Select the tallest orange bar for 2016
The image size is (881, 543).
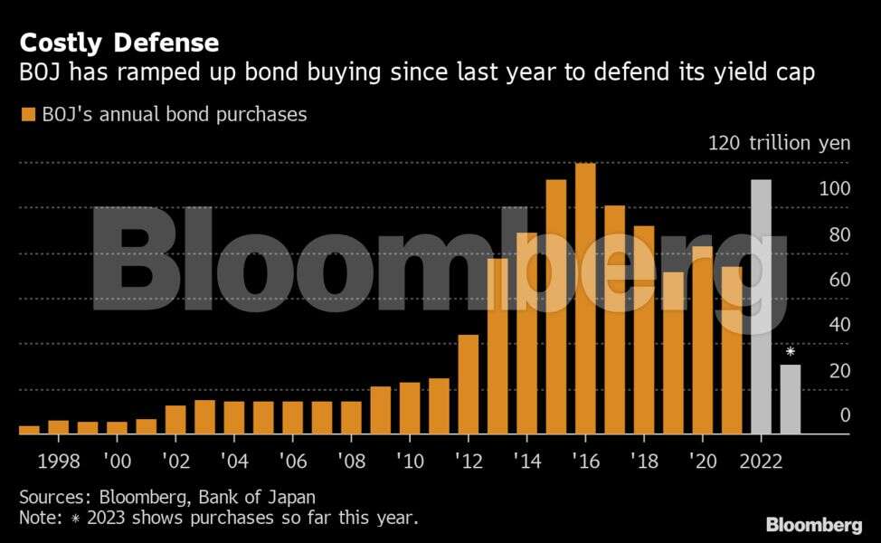click(585, 299)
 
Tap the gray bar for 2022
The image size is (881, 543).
click(761, 307)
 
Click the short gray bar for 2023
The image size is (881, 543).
click(791, 399)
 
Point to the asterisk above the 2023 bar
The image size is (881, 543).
click(791, 352)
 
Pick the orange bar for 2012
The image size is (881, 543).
click(469, 385)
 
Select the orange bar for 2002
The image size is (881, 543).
click(175, 420)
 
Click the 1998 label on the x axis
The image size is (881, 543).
click(59, 461)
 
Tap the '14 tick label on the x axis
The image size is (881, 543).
click(526, 461)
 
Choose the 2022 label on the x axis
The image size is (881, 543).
click(763, 461)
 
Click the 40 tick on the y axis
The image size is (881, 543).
click(838, 325)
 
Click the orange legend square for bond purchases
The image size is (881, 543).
click(27, 115)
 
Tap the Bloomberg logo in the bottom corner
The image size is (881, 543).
click(813, 525)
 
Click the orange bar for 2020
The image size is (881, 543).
click(703, 340)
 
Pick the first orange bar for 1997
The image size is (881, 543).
click(29, 430)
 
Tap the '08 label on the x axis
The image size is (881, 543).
click(351, 461)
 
